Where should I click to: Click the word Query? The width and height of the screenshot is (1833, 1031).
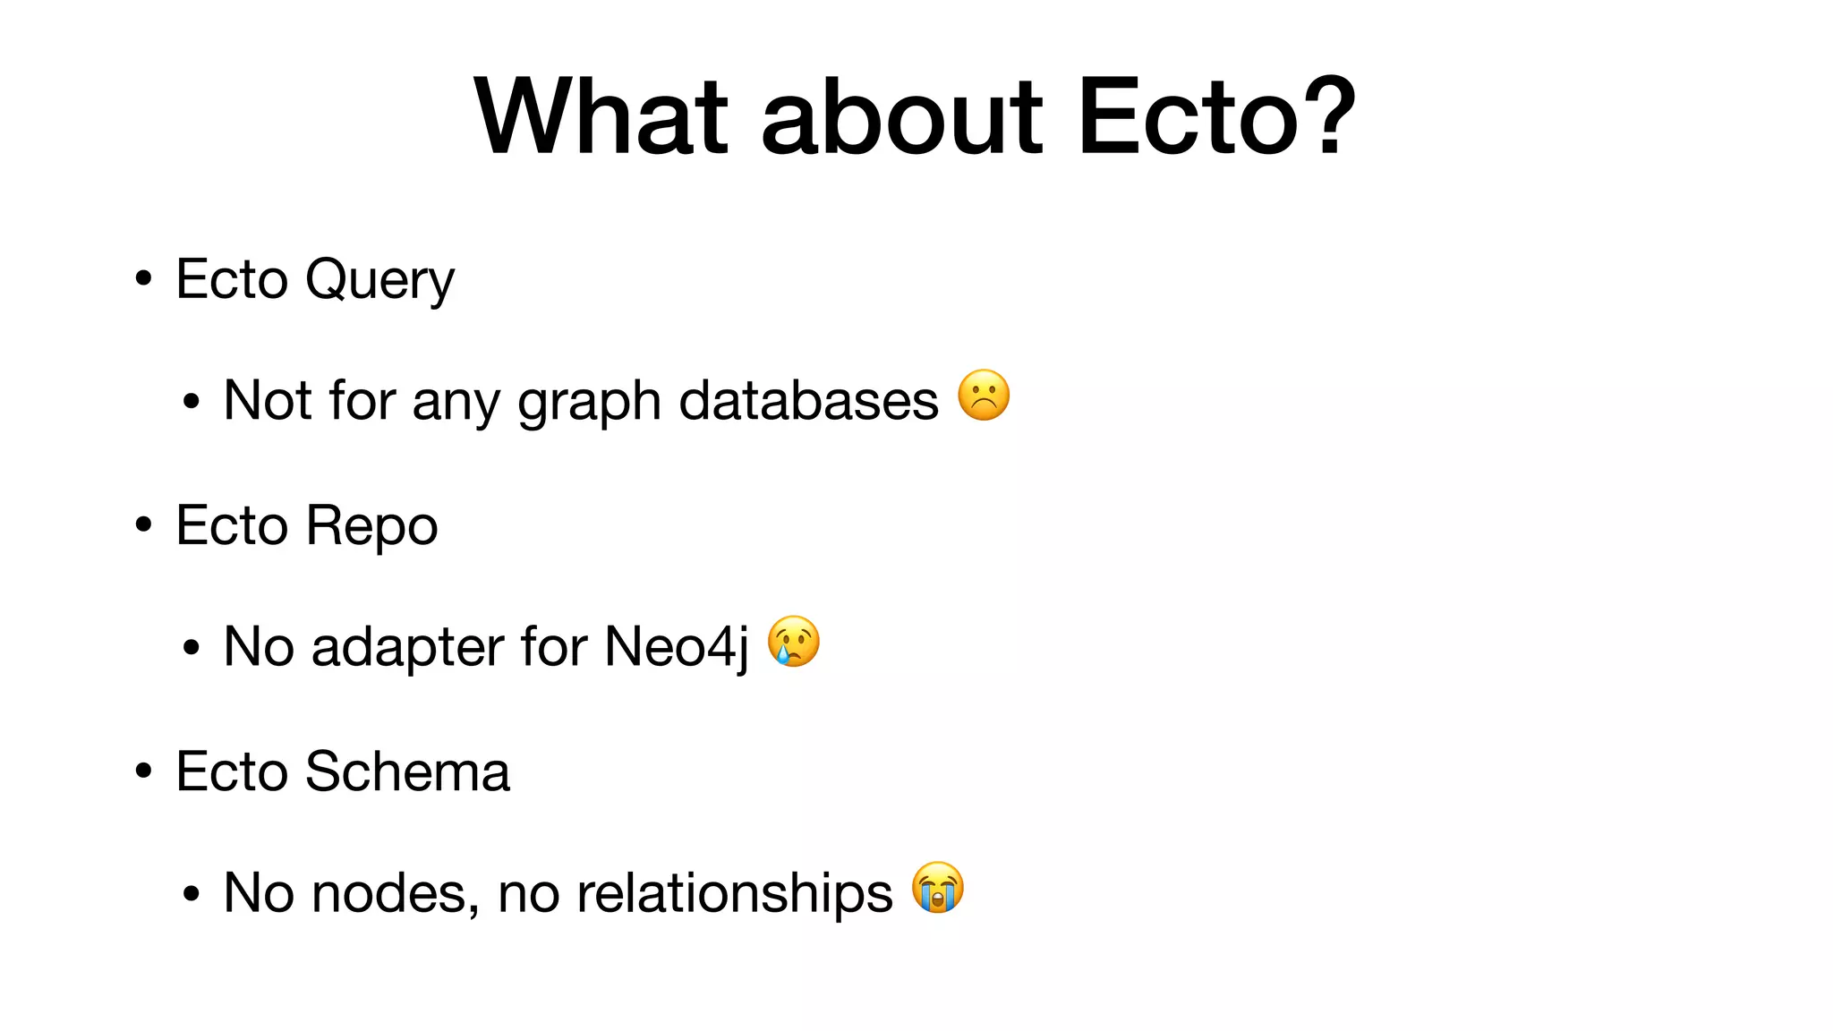pyautogui.click(x=379, y=280)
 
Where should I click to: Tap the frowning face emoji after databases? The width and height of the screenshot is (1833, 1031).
pyautogui.click(x=984, y=396)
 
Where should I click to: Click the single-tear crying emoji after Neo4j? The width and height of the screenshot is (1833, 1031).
pyautogui.click(x=794, y=642)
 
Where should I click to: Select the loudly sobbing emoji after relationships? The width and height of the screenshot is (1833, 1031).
pyautogui.click(x=938, y=888)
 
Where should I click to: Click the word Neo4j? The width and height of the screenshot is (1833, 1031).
pyautogui.click(x=677, y=646)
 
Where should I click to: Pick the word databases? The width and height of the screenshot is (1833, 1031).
pyautogui.click(x=809, y=400)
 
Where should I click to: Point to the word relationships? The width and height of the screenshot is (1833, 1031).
pyautogui.click(x=735, y=893)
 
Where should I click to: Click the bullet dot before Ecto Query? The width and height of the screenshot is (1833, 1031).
pyautogui.click(x=143, y=278)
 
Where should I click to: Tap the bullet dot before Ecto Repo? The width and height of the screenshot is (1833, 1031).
pyautogui.click(x=143, y=524)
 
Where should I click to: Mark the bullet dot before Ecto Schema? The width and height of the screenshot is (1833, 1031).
pyautogui.click(x=143, y=771)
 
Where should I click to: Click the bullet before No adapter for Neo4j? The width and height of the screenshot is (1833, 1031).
pyautogui.click(x=191, y=647)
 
